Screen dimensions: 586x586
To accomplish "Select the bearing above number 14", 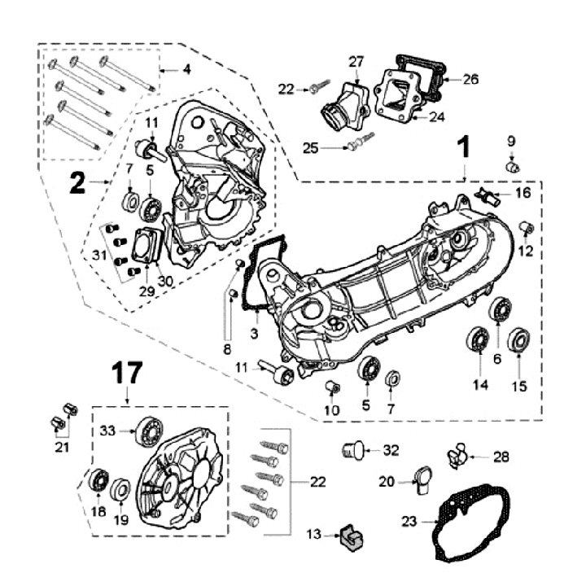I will point(477,340).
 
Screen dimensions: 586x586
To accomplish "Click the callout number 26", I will point(470,79).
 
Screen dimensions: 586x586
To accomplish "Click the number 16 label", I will point(522,193).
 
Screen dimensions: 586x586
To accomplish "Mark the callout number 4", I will point(186,69).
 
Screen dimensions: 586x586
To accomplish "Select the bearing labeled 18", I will point(98,481).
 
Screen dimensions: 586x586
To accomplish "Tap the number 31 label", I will point(99,255).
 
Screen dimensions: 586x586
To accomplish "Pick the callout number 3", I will point(255,334).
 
